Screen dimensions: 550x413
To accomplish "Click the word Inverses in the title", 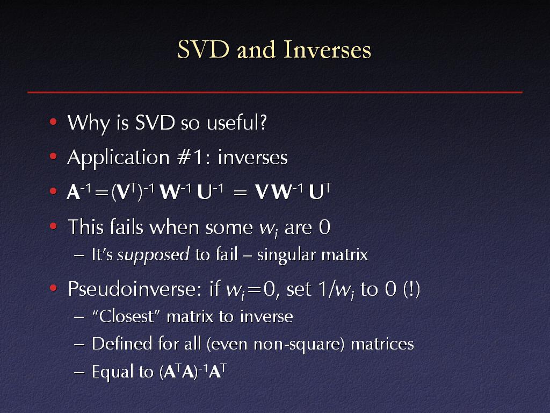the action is (x=327, y=49).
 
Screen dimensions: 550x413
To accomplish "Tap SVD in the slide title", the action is (x=203, y=49).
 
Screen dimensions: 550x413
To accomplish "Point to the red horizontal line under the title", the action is (x=275, y=92).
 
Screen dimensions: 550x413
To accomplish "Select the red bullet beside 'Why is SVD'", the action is (x=53, y=122).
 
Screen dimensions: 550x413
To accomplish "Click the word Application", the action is (x=119, y=158).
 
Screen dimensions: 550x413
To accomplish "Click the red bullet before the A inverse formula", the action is (x=53, y=191).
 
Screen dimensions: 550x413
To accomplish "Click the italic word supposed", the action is (x=153, y=255).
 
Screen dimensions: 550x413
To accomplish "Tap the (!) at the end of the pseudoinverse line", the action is (x=411, y=289).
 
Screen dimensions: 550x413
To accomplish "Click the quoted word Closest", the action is (x=126, y=316).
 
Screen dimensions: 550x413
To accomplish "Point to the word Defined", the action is (x=121, y=344).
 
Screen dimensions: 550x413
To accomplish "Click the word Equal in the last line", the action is (x=113, y=372).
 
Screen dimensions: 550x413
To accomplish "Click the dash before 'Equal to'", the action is (x=79, y=372).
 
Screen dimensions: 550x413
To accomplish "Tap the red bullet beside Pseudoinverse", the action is (x=53, y=288).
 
